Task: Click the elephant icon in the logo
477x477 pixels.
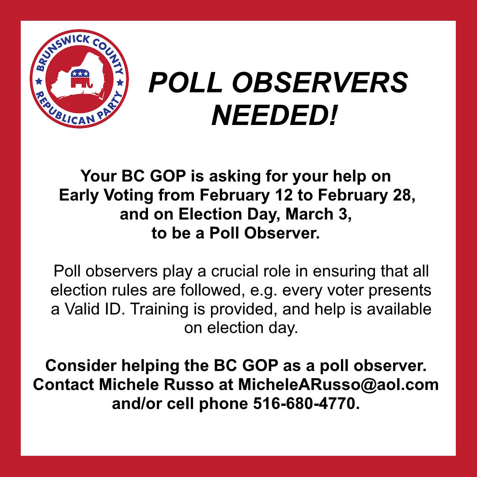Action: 79,79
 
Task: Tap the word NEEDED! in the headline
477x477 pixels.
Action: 274,115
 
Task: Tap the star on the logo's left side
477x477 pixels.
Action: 38,81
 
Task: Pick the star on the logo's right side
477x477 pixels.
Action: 120,82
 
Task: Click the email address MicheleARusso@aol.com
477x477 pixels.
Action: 338,384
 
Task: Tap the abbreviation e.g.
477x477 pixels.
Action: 265,290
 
